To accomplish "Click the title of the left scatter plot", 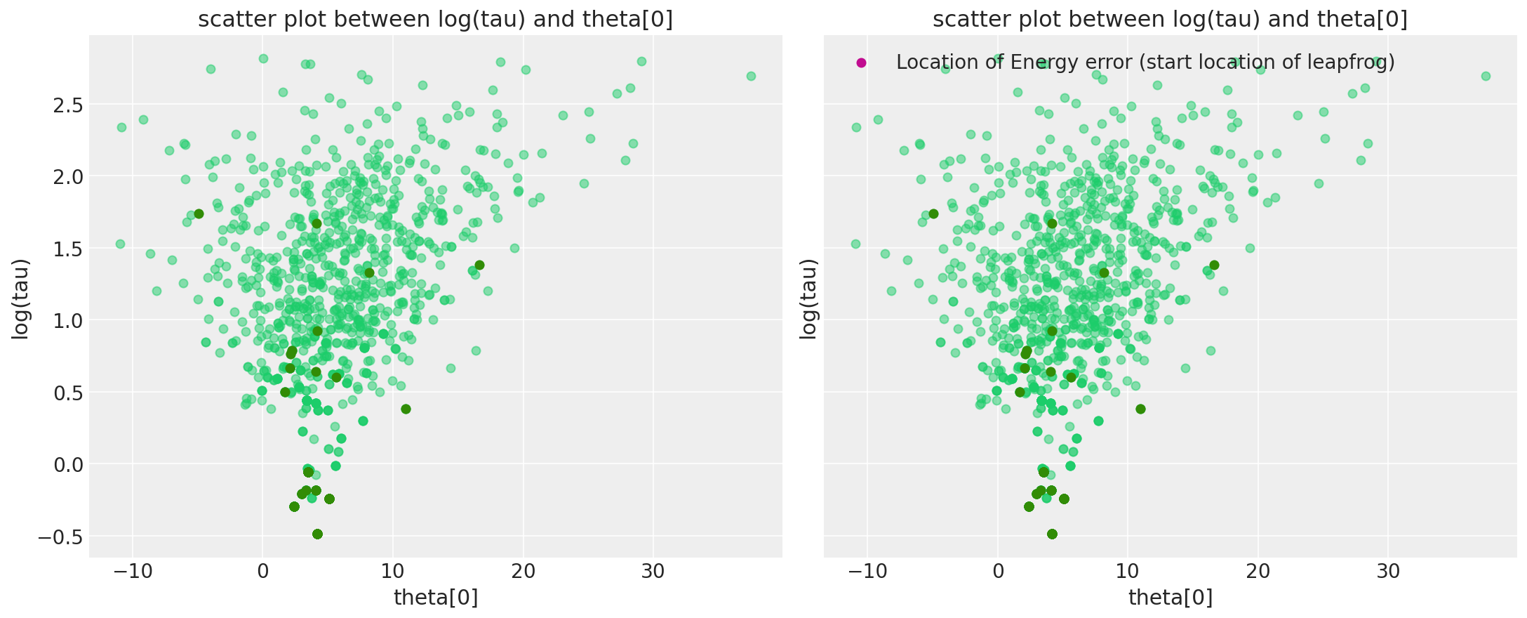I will pyautogui.click(x=435, y=20).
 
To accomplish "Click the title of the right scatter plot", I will pyautogui.click(x=1170, y=20).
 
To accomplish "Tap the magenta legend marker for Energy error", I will pyautogui.click(x=862, y=63).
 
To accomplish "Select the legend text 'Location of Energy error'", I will pyautogui.click(x=1145, y=63).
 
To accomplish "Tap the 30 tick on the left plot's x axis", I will pyautogui.click(x=653, y=571).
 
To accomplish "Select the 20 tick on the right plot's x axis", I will pyautogui.click(x=1258, y=571).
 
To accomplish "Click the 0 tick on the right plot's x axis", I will pyautogui.click(x=997, y=571).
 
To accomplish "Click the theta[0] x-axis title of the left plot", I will pyautogui.click(x=436, y=598).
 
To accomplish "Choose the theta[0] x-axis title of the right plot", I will pyautogui.click(x=1171, y=598).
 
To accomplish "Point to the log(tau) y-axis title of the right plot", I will pyautogui.click(x=809, y=299).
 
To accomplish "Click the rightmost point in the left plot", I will pyautogui.click(x=751, y=76).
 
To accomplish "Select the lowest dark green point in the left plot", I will pyautogui.click(x=317, y=534).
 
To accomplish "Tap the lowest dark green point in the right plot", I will pyautogui.click(x=1052, y=534).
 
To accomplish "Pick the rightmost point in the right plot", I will pyautogui.click(x=1486, y=76).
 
